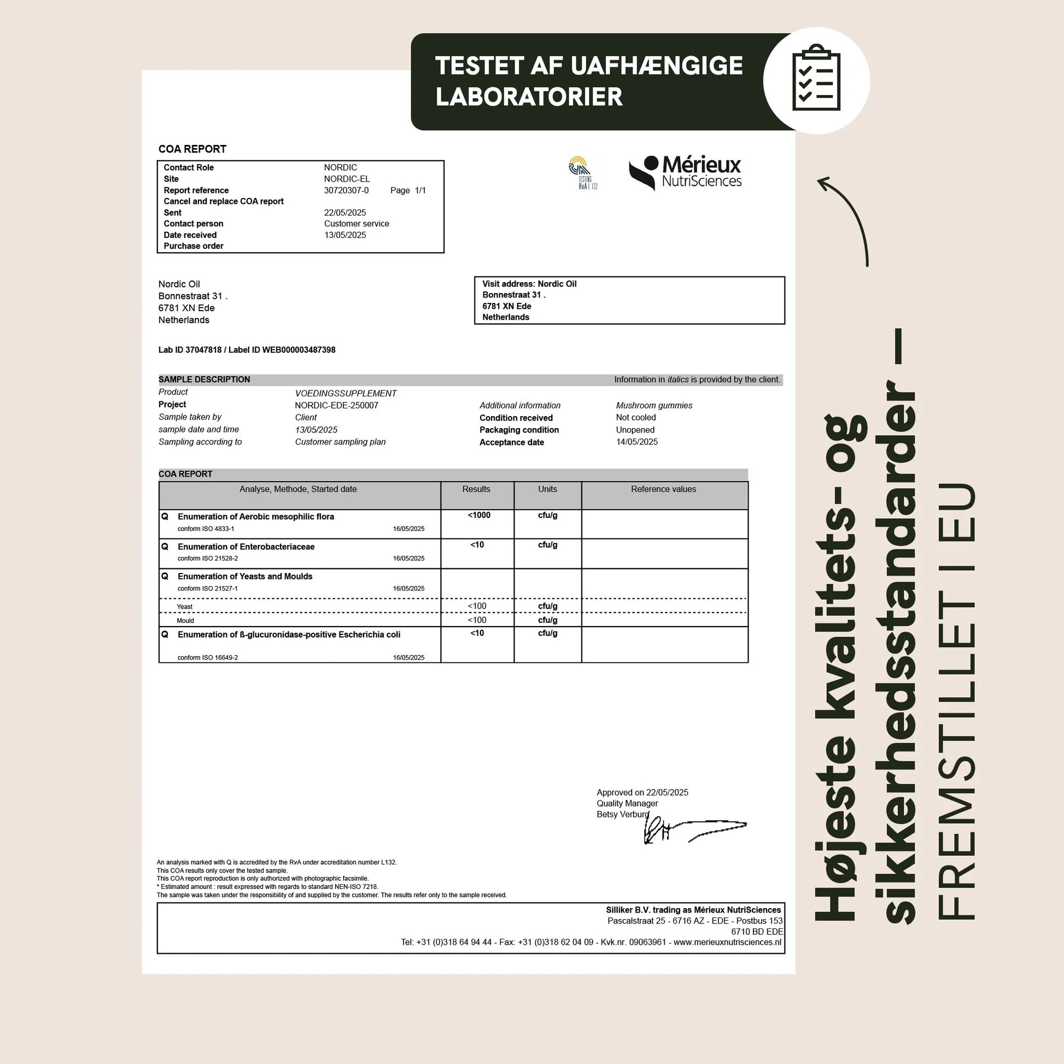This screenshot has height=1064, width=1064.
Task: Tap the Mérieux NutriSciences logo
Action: point(686,172)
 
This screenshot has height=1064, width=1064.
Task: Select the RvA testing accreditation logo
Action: point(583,173)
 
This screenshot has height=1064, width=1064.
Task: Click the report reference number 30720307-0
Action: point(347,191)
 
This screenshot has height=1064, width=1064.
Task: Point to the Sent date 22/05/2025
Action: point(345,213)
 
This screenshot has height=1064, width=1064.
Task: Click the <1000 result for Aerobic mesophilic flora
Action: point(478,516)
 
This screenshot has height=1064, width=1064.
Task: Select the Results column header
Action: point(476,489)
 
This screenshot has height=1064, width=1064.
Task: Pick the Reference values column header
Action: point(663,489)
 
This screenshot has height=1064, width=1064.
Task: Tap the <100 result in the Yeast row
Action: point(477,606)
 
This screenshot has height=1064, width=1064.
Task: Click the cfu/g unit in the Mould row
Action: point(547,620)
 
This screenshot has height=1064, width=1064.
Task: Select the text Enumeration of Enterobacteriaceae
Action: point(246,547)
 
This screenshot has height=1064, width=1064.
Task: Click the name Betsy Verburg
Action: point(623,815)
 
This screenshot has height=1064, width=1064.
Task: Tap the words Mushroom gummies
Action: point(654,406)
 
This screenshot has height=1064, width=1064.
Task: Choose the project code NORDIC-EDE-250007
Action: point(336,406)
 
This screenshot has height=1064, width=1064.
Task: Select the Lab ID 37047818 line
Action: point(247,350)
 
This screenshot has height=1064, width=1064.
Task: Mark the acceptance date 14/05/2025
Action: point(636,442)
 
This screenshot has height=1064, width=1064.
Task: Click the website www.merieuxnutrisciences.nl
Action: point(727,942)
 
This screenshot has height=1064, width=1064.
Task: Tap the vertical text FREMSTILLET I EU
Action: point(956,702)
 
